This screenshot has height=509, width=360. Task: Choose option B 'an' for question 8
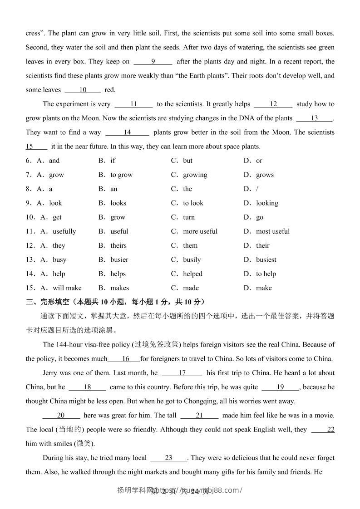click(x=113, y=189)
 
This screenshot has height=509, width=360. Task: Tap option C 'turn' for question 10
click(x=189, y=217)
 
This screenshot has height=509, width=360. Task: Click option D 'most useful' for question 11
click(x=272, y=231)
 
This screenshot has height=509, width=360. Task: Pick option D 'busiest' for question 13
click(x=266, y=259)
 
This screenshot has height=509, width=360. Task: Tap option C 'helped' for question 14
click(x=192, y=274)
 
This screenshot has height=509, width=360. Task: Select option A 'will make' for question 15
click(x=67, y=288)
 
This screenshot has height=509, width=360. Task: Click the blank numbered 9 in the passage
click(x=153, y=62)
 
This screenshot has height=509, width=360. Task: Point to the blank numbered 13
click(x=314, y=118)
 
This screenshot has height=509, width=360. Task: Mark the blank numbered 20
click(x=61, y=416)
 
